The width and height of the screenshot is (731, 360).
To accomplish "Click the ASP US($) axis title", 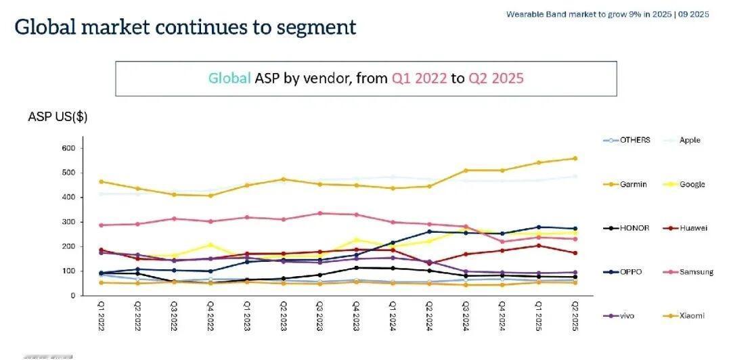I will coord(58,116).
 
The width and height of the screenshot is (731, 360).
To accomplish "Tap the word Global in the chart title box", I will coord(229,78).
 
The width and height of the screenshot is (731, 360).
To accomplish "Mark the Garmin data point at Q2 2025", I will coord(575,158).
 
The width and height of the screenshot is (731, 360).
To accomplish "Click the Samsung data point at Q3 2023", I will coord(319,213).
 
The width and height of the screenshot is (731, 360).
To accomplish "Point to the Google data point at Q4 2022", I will coord(210,245).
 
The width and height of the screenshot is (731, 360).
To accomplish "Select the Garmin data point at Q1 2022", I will coord(101,181).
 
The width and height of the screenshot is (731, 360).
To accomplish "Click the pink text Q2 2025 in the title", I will coord(497,78).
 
